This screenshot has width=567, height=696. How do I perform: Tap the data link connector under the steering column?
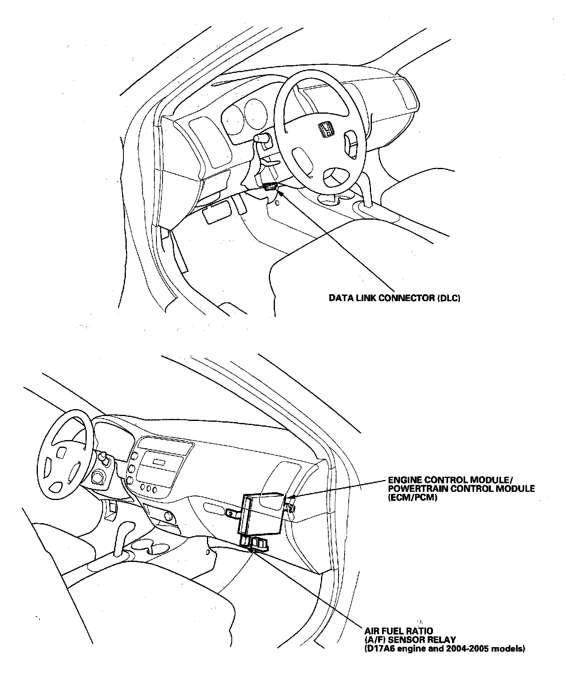click(270, 187)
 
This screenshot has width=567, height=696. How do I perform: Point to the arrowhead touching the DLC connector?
click(280, 189)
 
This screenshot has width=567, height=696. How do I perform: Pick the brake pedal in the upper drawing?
click(215, 214)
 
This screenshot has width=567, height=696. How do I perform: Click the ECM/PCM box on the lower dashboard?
click(261, 513)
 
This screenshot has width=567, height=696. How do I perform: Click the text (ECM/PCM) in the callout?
click(412, 498)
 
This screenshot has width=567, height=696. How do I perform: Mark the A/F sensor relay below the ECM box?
click(259, 544)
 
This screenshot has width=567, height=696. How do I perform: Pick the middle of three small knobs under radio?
click(149, 488)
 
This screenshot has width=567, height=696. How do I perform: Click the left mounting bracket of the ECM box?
click(232, 513)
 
